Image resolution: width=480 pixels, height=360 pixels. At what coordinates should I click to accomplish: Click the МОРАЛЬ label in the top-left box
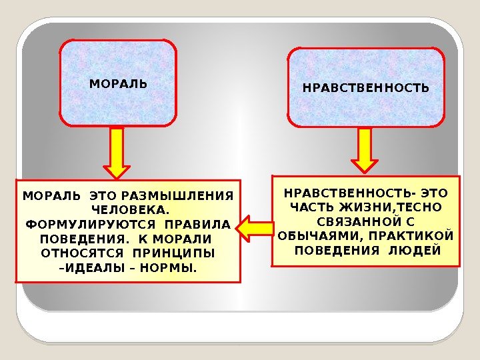(118, 85)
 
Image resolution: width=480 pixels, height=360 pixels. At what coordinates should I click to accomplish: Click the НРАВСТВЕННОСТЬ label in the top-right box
(366, 88)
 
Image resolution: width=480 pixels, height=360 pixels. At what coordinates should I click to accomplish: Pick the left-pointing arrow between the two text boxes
(253, 228)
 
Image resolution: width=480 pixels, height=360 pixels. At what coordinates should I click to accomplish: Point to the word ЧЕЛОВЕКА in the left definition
(127, 210)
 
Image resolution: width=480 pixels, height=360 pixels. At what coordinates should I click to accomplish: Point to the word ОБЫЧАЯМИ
(315, 236)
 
